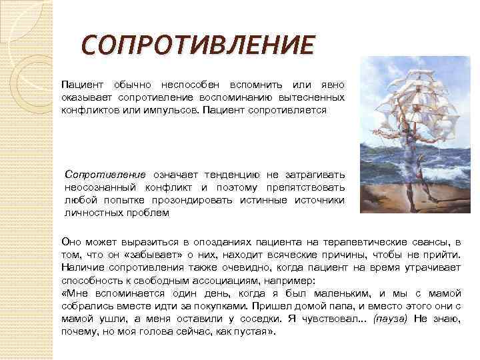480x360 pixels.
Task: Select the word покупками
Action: click(219, 307)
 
